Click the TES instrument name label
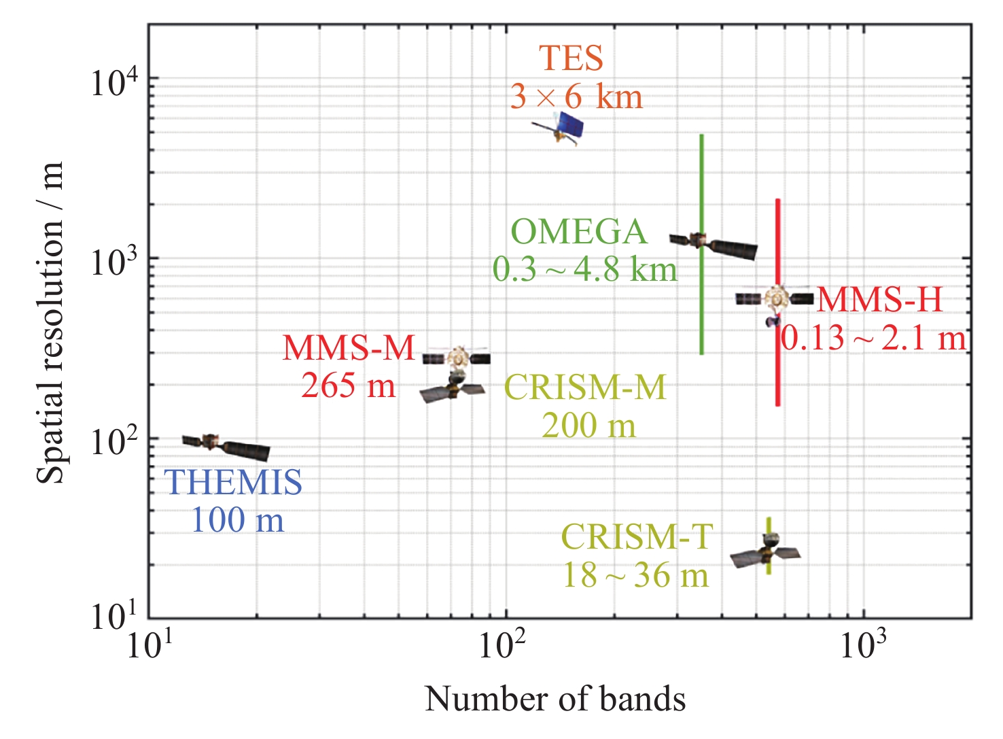click(571, 58)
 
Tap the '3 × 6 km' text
click(576, 97)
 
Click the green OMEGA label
click(578, 233)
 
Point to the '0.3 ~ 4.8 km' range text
click(585, 270)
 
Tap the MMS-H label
click(879, 300)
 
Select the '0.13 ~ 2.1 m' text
click(873, 338)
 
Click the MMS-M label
click(348, 349)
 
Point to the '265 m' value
click(348, 386)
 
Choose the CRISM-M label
click(585, 388)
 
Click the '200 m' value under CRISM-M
click(588, 426)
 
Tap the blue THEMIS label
click(233, 483)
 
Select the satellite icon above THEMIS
click(226, 446)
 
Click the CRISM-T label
click(637, 538)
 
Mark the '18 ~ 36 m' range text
click(635, 575)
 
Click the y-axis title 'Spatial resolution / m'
click(50, 323)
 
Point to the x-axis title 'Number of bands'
click(555, 700)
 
